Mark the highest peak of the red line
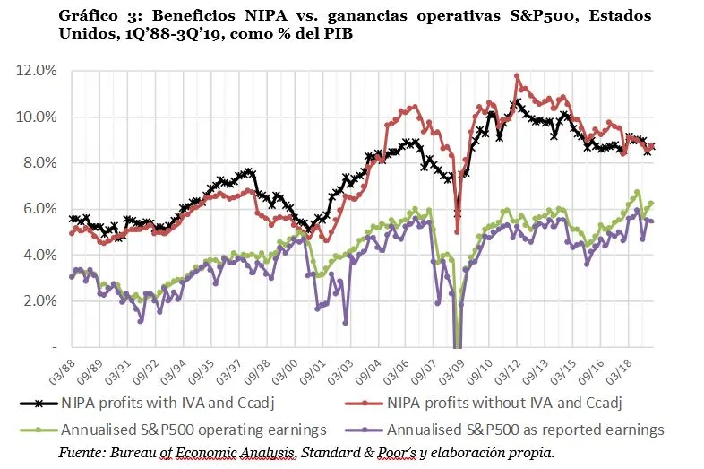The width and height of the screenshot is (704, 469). tap(518, 76)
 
